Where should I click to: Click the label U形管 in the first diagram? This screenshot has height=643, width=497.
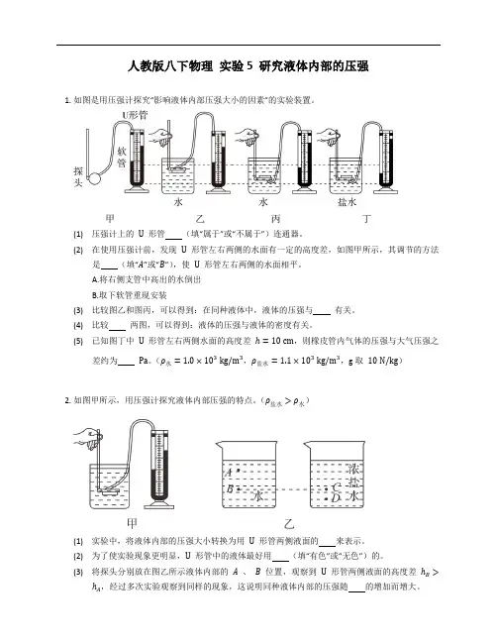[135, 115]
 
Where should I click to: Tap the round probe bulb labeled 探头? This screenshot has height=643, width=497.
[95, 178]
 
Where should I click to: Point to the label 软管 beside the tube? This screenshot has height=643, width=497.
[122, 158]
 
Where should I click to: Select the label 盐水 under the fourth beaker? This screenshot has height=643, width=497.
[348, 202]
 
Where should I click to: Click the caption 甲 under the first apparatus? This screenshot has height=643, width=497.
[109, 218]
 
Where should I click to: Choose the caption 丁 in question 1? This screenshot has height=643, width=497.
[367, 219]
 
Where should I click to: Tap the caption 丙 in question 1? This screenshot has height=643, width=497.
[276, 219]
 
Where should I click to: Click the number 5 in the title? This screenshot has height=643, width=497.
[249, 66]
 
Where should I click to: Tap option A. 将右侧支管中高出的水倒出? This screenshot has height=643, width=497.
[147, 279]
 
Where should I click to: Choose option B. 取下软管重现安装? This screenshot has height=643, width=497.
[129, 295]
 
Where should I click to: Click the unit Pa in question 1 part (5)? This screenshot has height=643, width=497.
[143, 361]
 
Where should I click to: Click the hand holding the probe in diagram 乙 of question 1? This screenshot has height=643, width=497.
[160, 136]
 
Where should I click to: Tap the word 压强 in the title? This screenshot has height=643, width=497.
[356, 66]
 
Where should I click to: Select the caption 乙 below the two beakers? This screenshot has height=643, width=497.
[289, 523]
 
